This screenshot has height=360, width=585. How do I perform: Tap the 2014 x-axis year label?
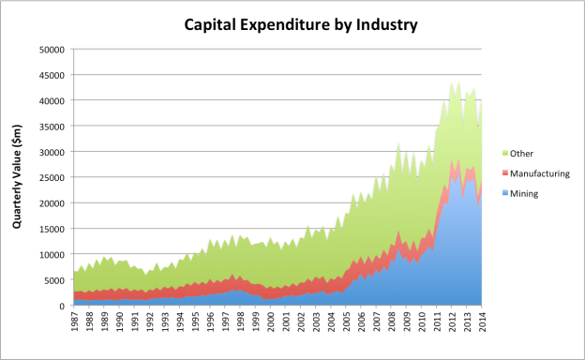pyautogui.click(x=481, y=322)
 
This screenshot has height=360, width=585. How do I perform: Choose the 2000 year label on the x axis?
pyautogui.click(x=271, y=322)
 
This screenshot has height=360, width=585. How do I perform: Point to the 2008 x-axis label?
pyautogui.click(x=391, y=322)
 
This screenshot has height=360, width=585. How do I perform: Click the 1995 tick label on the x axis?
pyautogui.click(x=195, y=322)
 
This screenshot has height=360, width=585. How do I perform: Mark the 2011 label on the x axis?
pyautogui.click(x=436, y=322)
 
